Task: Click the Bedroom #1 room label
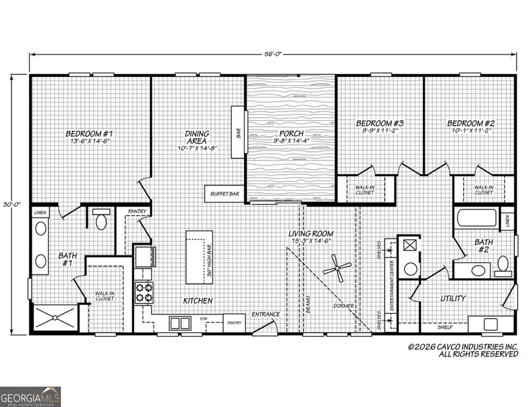(x=90, y=133)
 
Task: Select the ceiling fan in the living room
(x=337, y=269)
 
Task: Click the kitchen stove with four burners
(x=144, y=293)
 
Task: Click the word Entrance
(x=266, y=314)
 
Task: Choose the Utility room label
(x=453, y=299)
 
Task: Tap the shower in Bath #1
(x=54, y=319)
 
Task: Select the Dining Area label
(x=197, y=137)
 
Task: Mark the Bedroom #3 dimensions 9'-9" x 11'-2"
(x=380, y=132)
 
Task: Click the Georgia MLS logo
(x=31, y=396)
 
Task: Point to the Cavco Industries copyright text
(x=463, y=350)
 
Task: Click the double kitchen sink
(x=179, y=322)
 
